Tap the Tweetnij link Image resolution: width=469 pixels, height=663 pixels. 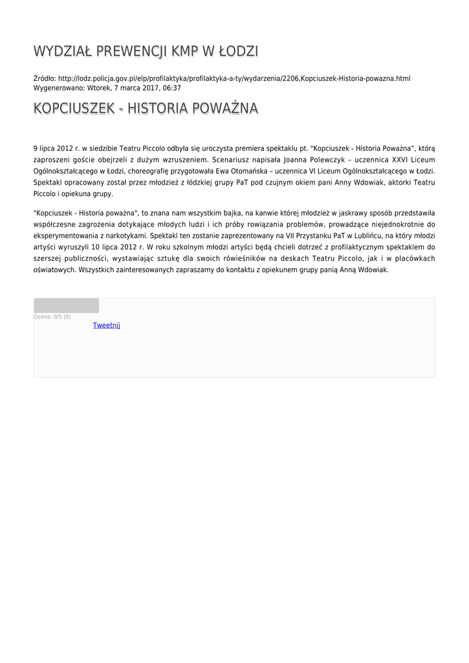[106, 325]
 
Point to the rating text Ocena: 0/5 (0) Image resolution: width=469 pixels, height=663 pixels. [52, 317]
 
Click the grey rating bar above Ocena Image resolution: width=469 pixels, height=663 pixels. [66, 306]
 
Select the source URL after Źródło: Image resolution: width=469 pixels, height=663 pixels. [234, 78]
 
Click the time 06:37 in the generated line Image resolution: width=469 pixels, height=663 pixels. [171, 88]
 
